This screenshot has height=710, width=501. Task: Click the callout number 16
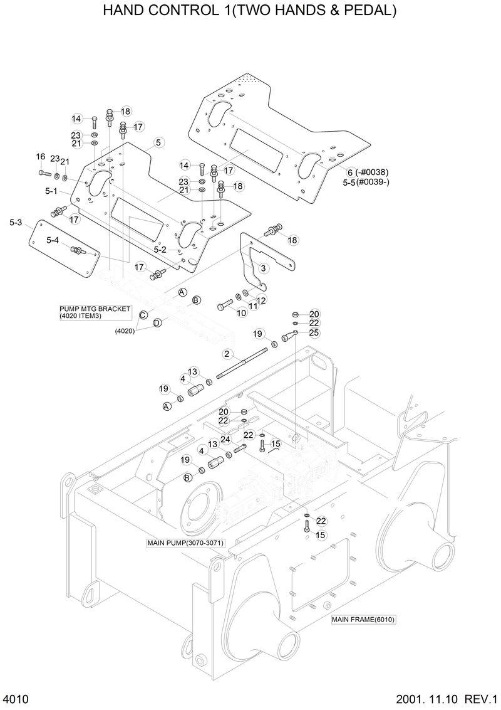click(x=40, y=157)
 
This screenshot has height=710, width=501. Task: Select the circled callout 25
click(x=314, y=332)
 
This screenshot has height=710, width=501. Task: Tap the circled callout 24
click(x=225, y=440)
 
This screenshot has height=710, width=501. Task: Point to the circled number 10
click(x=241, y=312)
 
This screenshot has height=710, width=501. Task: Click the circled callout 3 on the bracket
click(x=263, y=268)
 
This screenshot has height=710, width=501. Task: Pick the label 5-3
click(x=16, y=223)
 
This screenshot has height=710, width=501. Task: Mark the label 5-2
click(x=160, y=250)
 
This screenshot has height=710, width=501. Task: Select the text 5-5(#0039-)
click(x=366, y=183)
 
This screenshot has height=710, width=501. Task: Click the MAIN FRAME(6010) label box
click(x=364, y=619)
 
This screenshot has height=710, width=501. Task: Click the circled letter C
click(x=143, y=315)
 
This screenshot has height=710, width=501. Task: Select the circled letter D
click(x=157, y=322)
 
